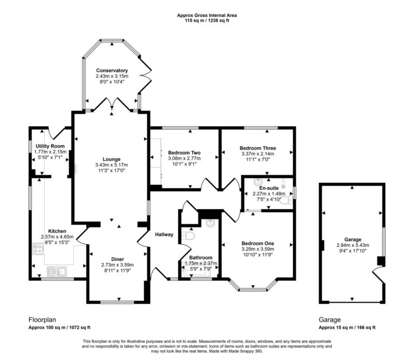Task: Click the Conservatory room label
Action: (112, 71)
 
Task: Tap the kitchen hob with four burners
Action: (39, 249)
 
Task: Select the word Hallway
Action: (164, 234)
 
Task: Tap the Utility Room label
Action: (50, 146)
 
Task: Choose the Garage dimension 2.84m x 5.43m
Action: (353, 245)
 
